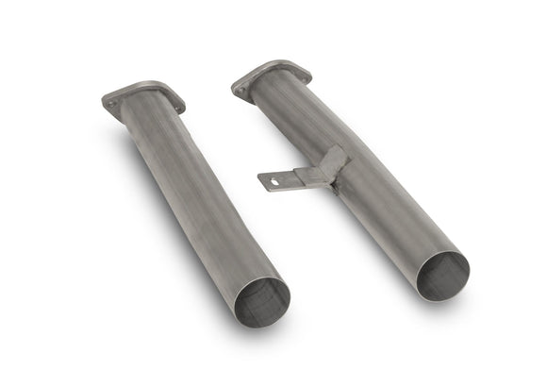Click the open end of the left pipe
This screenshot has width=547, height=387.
(261, 299)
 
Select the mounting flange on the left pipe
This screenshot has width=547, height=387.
(143, 96)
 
